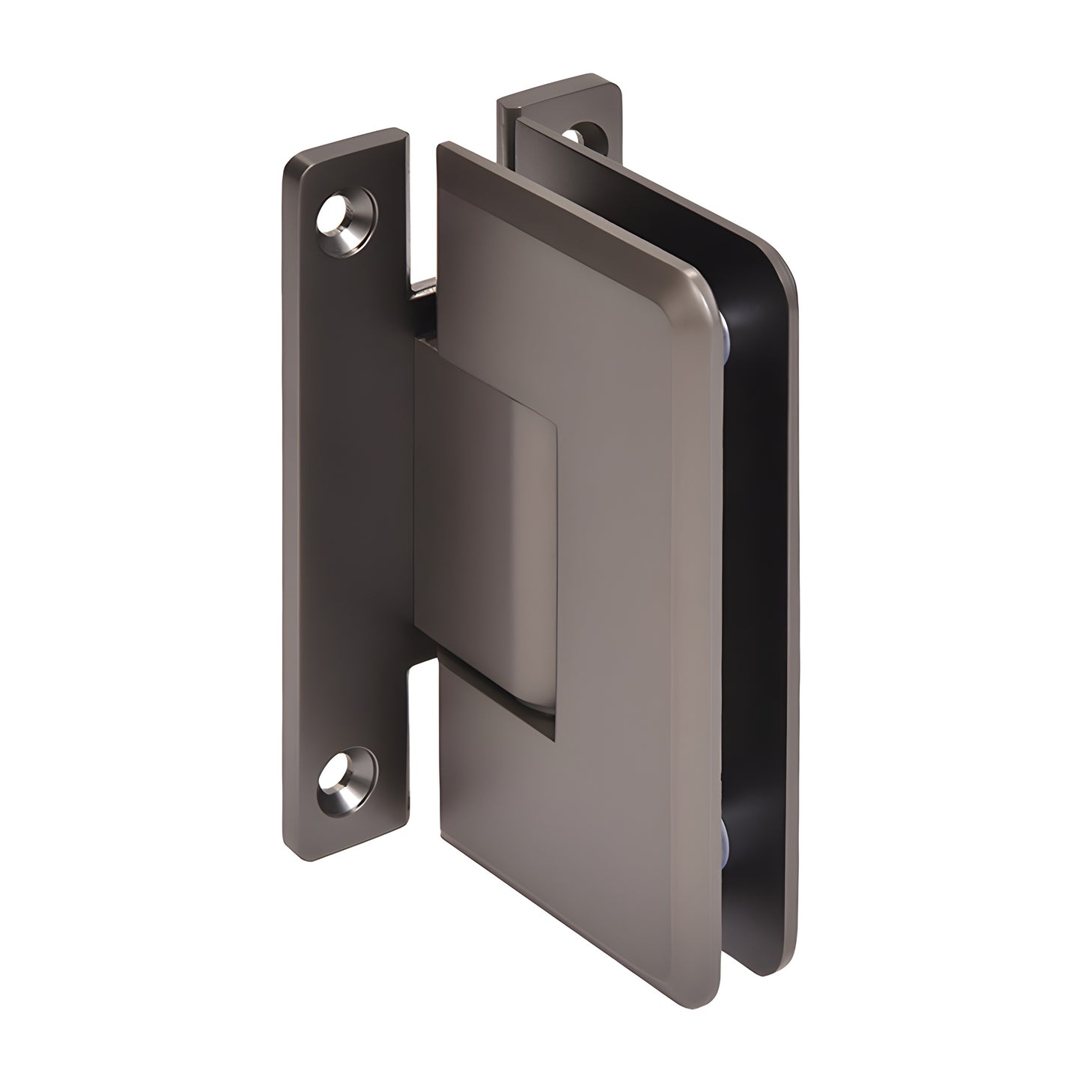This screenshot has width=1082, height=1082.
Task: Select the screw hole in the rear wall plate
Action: click(573, 136)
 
